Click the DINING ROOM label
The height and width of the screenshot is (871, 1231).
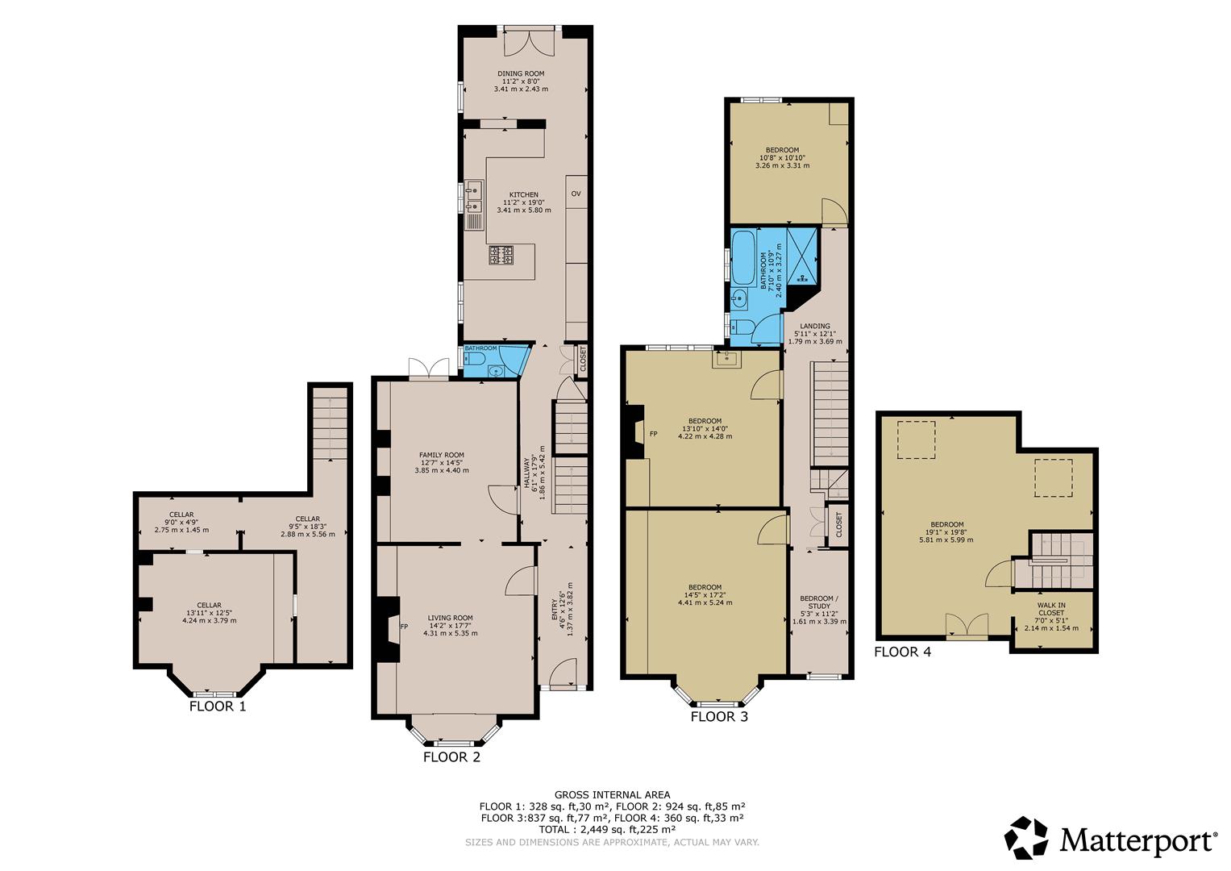521,73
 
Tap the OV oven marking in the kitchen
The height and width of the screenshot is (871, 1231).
576,194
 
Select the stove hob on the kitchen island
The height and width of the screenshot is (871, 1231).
501,255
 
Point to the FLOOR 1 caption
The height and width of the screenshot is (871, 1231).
218,706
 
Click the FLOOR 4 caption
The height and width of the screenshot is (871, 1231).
903,652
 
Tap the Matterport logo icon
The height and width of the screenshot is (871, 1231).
1026,837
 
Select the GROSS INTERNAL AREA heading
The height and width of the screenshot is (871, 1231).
612,794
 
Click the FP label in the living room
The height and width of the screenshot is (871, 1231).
404,627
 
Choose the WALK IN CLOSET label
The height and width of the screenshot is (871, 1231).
1051,609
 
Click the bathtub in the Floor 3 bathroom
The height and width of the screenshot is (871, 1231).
743,263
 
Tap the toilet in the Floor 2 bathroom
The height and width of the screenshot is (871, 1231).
474,359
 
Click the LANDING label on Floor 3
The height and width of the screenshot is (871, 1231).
815,326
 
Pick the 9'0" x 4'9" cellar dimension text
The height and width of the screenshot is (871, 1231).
181,523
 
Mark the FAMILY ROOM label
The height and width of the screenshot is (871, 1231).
442,455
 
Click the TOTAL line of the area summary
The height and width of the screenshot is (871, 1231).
607,829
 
